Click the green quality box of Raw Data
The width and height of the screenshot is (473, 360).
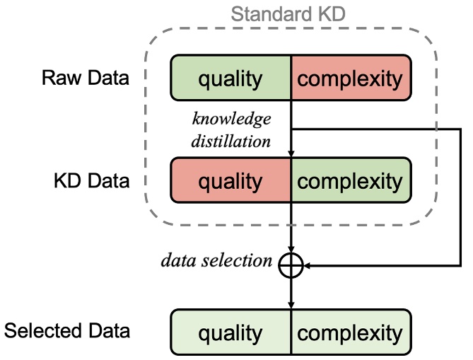tap(230, 78)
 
